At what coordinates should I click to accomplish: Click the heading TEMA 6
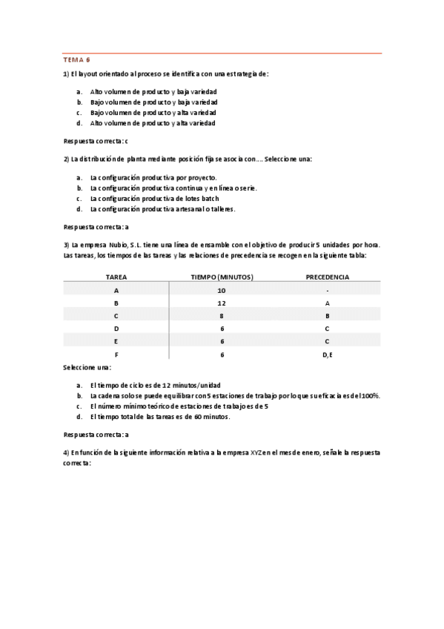tap(76, 60)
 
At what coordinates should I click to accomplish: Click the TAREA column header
tap(116, 277)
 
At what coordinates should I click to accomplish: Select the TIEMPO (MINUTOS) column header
tap(222, 277)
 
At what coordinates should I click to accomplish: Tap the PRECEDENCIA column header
tap(327, 277)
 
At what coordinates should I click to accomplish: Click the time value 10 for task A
tap(222, 291)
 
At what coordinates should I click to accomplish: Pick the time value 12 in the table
tap(222, 303)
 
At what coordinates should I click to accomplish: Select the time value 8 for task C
tap(222, 316)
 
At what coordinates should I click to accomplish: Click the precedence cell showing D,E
tap(327, 355)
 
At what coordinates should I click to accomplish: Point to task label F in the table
tap(116, 355)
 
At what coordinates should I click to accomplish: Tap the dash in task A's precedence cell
tap(327, 291)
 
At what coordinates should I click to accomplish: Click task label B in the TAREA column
tap(116, 303)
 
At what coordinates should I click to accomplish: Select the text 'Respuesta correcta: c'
tap(96, 141)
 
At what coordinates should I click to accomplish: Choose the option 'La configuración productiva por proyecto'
tap(153, 178)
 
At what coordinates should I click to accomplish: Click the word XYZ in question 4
tap(256, 452)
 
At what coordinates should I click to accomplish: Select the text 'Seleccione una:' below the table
tap(88, 368)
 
